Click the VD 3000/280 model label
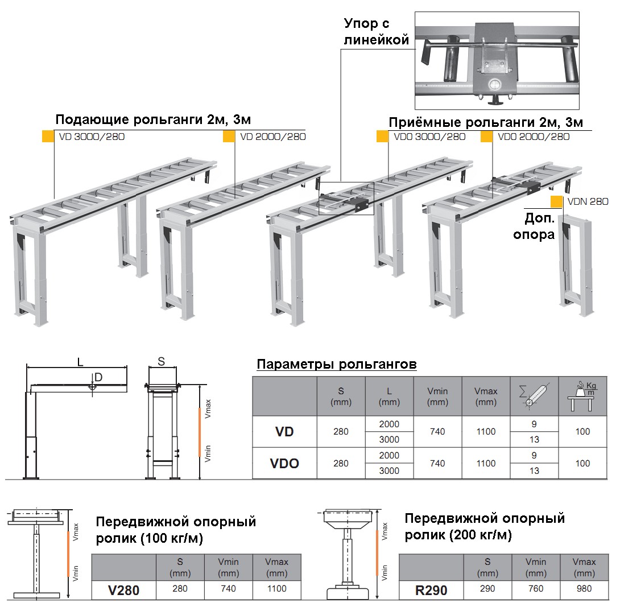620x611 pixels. [x=92, y=137]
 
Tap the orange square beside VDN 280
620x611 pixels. [x=557, y=201]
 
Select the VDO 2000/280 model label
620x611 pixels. [x=533, y=137]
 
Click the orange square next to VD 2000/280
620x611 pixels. [x=229, y=137]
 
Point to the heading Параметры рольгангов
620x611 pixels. [x=337, y=364]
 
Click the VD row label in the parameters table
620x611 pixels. [x=284, y=432]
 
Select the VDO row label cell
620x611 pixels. [x=284, y=463]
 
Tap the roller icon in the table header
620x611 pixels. [x=534, y=395]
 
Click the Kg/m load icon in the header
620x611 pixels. [x=582, y=395]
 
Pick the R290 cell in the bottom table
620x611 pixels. [x=431, y=590]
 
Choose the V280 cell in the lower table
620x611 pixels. [x=123, y=590]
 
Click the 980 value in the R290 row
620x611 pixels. [x=584, y=589]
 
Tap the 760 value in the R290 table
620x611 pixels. [x=536, y=589]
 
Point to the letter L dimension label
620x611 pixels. [x=80, y=361]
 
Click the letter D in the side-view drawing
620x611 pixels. [x=98, y=377]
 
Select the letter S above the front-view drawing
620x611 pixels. [x=161, y=361]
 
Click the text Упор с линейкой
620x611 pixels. [x=377, y=32]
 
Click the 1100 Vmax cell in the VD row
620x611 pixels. [x=486, y=432]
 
